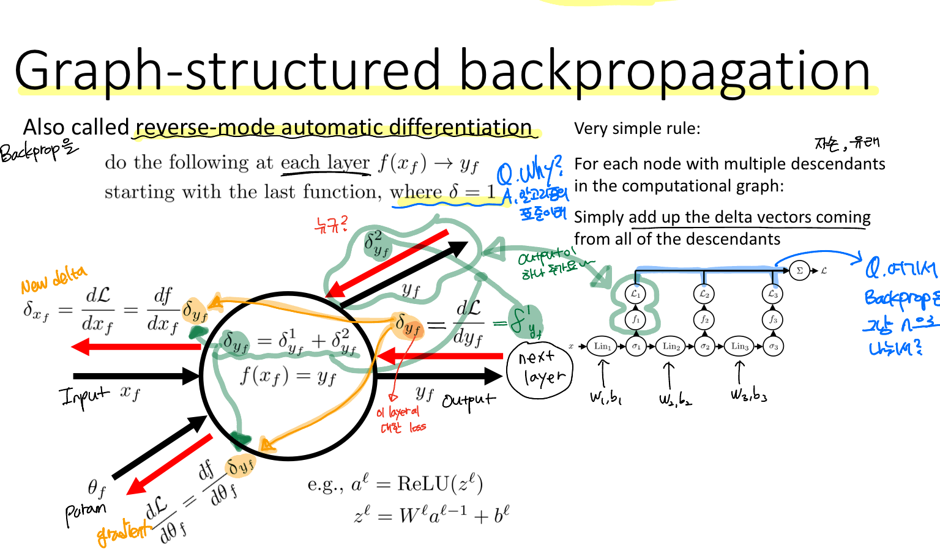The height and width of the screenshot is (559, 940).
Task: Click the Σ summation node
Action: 799,270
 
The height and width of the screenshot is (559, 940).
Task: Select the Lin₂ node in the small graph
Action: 671,346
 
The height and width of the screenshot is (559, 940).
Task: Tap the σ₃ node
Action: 774,347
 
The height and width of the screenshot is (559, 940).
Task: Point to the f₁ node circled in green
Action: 636,319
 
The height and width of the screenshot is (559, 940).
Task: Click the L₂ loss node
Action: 704,294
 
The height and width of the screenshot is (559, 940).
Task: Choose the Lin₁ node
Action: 602,346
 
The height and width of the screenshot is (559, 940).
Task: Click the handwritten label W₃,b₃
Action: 748,394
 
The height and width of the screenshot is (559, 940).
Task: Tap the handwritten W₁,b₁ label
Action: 606,398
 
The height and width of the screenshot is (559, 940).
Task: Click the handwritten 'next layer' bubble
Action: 539,368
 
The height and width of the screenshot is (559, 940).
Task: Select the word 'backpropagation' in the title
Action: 665,71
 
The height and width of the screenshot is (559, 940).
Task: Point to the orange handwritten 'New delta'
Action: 53,280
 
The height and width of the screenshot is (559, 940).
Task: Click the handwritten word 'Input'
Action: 84,394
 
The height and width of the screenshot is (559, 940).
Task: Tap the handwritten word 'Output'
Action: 468,401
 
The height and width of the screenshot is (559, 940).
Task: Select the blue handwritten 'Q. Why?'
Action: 529,171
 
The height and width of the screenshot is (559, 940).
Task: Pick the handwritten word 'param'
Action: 86,512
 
